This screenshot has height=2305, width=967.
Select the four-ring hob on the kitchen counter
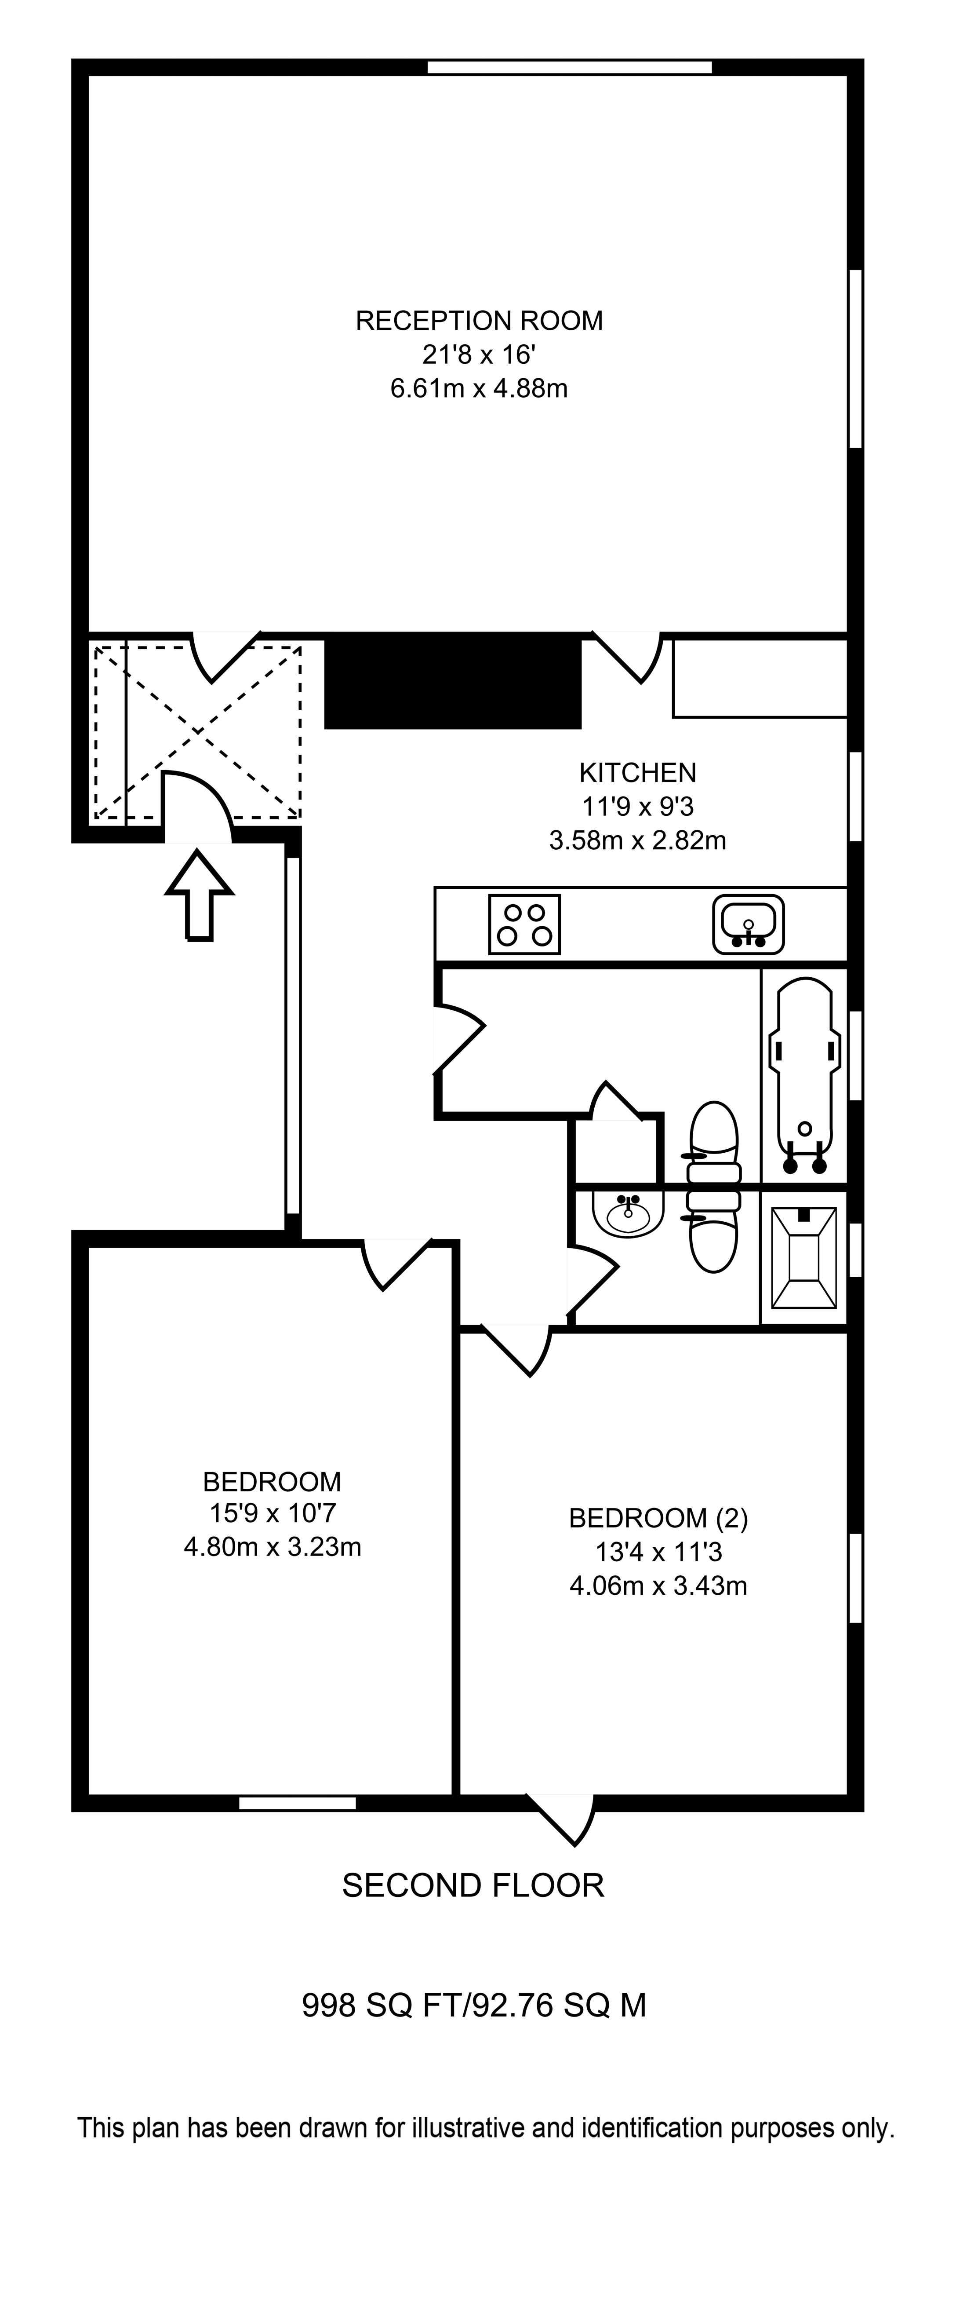click(x=524, y=924)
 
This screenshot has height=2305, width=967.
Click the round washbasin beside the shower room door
click(x=628, y=1215)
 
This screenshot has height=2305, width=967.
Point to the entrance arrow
click(x=200, y=895)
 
